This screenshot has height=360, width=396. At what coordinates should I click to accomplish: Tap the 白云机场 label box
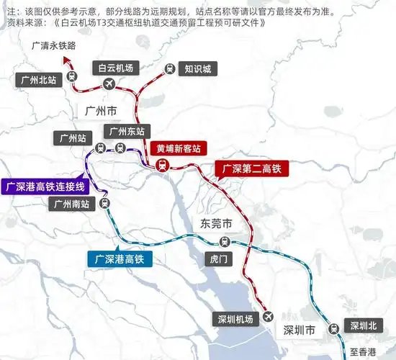tap(116, 68)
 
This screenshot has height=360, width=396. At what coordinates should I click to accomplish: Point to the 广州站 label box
tap(72, 136)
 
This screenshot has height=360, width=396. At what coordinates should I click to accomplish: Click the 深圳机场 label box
tap(235, 319)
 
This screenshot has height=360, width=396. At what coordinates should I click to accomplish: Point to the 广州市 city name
tap(101, 112)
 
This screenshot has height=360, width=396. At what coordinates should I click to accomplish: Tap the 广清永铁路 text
tap(53, 45)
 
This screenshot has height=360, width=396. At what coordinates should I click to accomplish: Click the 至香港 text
tap(363, 352)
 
